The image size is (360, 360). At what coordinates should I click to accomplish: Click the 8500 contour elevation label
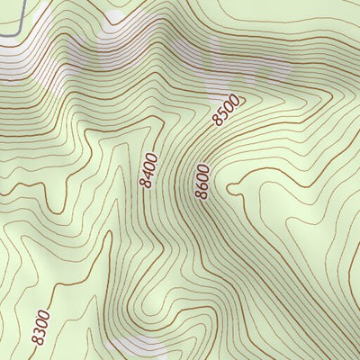point(228,109)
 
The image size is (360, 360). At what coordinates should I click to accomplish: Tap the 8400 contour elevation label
point(149,170)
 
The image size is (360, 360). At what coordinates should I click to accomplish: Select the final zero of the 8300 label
point(45,313)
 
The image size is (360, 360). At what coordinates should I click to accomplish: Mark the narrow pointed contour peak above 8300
point(109,236)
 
